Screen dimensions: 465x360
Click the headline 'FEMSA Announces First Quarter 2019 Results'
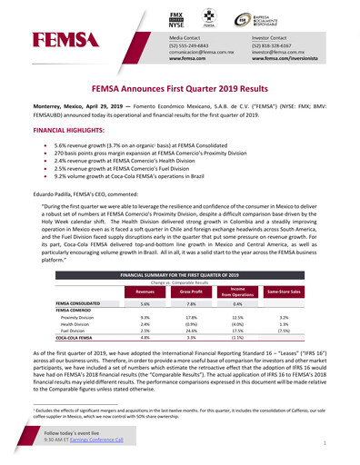[x=181, y=91]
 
